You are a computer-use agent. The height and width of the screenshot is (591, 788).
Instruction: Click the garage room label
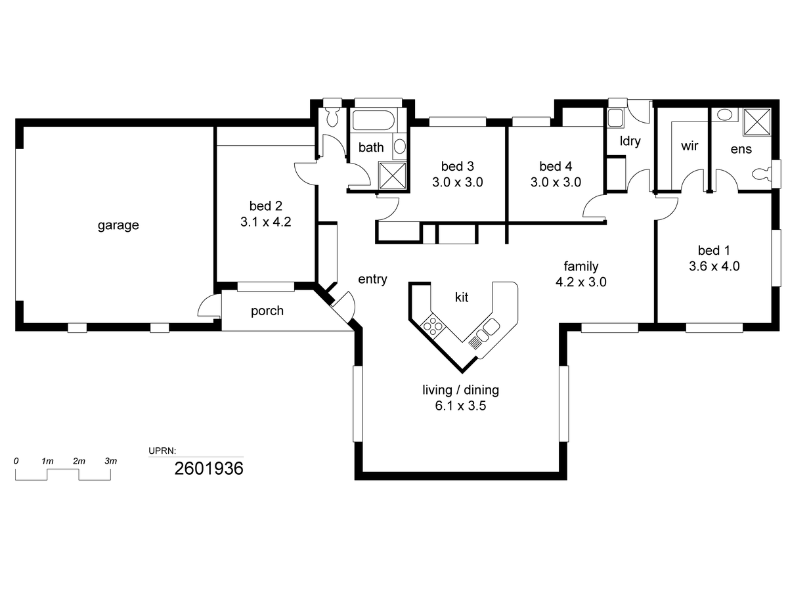click(x=118, y=225)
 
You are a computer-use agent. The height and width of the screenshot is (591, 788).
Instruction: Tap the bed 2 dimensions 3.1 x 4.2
click(x=265, y=222)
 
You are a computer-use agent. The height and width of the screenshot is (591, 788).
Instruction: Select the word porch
click(x=267, y=311)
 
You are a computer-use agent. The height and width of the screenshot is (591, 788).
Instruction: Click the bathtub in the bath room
click(x=374, y=120)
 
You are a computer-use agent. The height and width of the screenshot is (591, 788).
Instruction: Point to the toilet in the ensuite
click(x=762, y=173)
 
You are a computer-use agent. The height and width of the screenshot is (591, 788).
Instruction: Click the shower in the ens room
click(x=756, y=122)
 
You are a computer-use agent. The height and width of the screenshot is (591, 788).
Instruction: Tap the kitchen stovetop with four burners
click(x=433, y=326)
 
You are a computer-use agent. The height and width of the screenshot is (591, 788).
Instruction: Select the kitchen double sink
click(x=487, y=330)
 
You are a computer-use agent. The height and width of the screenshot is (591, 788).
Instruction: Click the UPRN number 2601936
click(x=209, y=469)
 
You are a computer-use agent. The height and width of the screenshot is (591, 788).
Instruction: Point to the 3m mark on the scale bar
click(x=110, y=461)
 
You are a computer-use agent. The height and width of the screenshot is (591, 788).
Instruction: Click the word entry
click(x=372, y=279)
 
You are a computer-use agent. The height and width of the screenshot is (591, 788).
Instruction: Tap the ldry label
click(x=630, y=141)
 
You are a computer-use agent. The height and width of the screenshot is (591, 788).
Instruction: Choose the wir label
click(x=689, y=146)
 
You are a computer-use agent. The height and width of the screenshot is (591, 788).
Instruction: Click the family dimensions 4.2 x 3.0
click(x=581, y=282)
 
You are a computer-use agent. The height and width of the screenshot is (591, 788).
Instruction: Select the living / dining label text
click(x=460, y=389)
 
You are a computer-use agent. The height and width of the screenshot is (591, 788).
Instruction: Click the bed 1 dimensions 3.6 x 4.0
click(x=714, y=266)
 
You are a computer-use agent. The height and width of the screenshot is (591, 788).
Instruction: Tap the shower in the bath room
click(x=393, y=175)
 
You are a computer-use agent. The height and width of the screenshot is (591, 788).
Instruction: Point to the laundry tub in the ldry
click(x=615, y=118)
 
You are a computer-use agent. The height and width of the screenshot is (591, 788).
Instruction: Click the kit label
click(x=462, y=297)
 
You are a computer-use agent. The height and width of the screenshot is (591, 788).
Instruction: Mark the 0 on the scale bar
click(x=16, y=461)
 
